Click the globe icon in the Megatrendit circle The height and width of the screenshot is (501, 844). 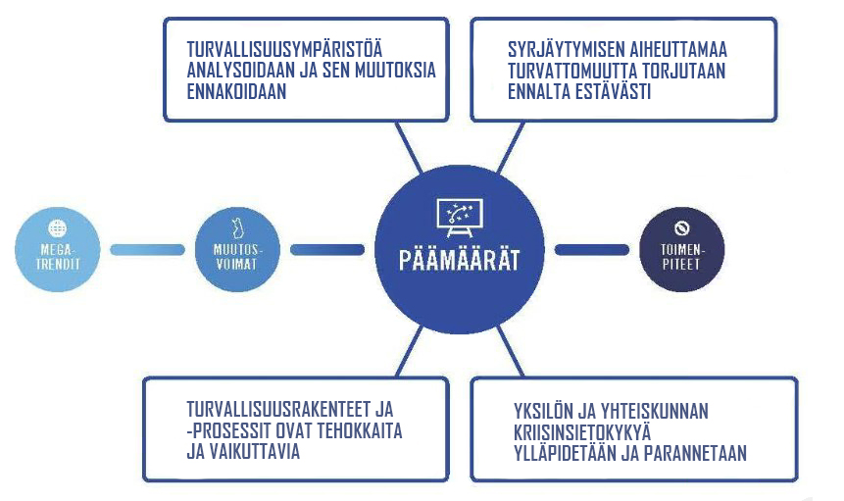[x=58, y=228]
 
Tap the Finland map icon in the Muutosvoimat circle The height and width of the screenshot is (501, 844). [x=237, y=228]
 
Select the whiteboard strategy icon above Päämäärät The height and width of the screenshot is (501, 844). [x=459, y=218]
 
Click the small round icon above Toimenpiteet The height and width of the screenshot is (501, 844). [x=682, y=228]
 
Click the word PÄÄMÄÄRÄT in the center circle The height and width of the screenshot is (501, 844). [x=459, y=260]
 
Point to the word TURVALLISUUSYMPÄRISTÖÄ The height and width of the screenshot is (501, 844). [x=284, y=49]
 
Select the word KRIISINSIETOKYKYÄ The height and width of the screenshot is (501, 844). [x=582, y=432]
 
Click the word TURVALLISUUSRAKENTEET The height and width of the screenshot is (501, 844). [x=278, y=410]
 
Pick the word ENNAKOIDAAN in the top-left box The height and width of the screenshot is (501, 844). [x=236, y=91]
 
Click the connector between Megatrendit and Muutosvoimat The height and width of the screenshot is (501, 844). [x=147, y=250]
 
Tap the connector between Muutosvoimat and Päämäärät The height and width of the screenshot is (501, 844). [x=327, y=250]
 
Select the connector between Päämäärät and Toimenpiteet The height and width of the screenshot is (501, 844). [x=591, y=250]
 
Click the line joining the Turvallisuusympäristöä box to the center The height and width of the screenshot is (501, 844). [x=409, y=147]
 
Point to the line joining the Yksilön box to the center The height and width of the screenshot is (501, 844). [x=510, y=350]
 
